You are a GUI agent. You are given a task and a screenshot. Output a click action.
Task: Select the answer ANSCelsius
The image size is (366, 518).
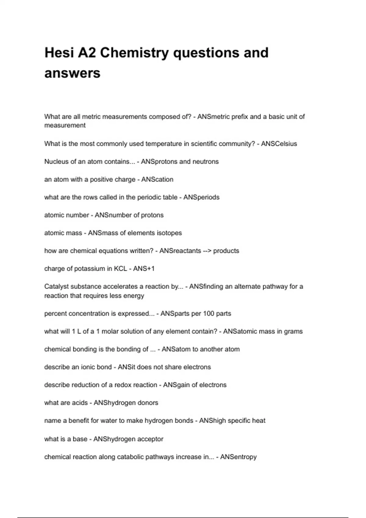279,144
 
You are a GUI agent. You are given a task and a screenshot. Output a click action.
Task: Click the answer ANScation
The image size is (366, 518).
157,179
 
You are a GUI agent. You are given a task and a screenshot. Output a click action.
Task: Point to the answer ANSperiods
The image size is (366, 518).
201,197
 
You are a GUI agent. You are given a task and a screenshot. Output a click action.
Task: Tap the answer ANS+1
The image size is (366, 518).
144,269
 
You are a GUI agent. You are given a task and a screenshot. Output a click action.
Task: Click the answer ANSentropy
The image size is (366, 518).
238,457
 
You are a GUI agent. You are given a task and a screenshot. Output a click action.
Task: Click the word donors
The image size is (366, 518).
148,403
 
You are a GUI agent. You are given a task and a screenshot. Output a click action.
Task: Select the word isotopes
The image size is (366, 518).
169,233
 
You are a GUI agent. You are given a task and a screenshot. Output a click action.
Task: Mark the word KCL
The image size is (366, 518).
120,269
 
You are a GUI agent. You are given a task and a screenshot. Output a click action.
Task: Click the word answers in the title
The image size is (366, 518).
72,73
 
